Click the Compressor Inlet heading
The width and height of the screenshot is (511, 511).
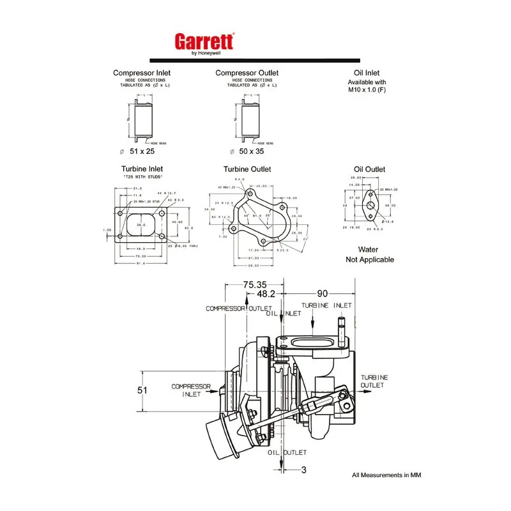click(141, 73)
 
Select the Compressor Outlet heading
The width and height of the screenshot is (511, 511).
click(247, 73)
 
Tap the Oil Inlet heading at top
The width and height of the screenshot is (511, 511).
click(367, 73)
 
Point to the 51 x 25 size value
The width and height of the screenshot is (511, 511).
click(142, 151)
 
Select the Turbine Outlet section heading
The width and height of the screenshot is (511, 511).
click(247, 169)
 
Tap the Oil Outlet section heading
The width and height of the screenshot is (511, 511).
click(369, 169)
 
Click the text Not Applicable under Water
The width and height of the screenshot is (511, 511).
click(370, 259)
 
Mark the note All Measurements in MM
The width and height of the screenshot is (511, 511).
click(386, 475)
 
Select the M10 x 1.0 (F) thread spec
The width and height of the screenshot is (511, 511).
click(367, 90)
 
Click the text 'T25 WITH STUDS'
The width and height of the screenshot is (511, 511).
click(142, 176)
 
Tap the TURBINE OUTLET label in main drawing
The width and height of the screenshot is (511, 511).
click(374, 381)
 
